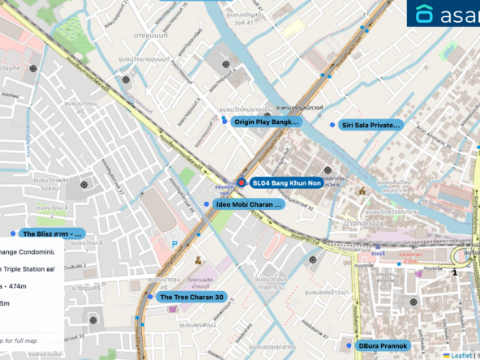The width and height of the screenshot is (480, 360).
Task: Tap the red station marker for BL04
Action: [241, 183]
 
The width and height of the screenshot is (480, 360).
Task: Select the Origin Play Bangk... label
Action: [265, 122]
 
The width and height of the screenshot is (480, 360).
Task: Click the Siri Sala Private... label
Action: [371, 125]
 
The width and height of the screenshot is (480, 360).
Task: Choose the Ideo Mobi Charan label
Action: [248, 204]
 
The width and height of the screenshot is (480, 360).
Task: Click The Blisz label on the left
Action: [54, 234]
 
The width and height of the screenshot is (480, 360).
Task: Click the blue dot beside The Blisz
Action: [13, 234]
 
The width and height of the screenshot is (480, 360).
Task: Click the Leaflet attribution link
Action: [462, 354]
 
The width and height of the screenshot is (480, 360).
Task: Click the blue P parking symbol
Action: [174, 243]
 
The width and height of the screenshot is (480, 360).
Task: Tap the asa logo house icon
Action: [424, 14]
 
